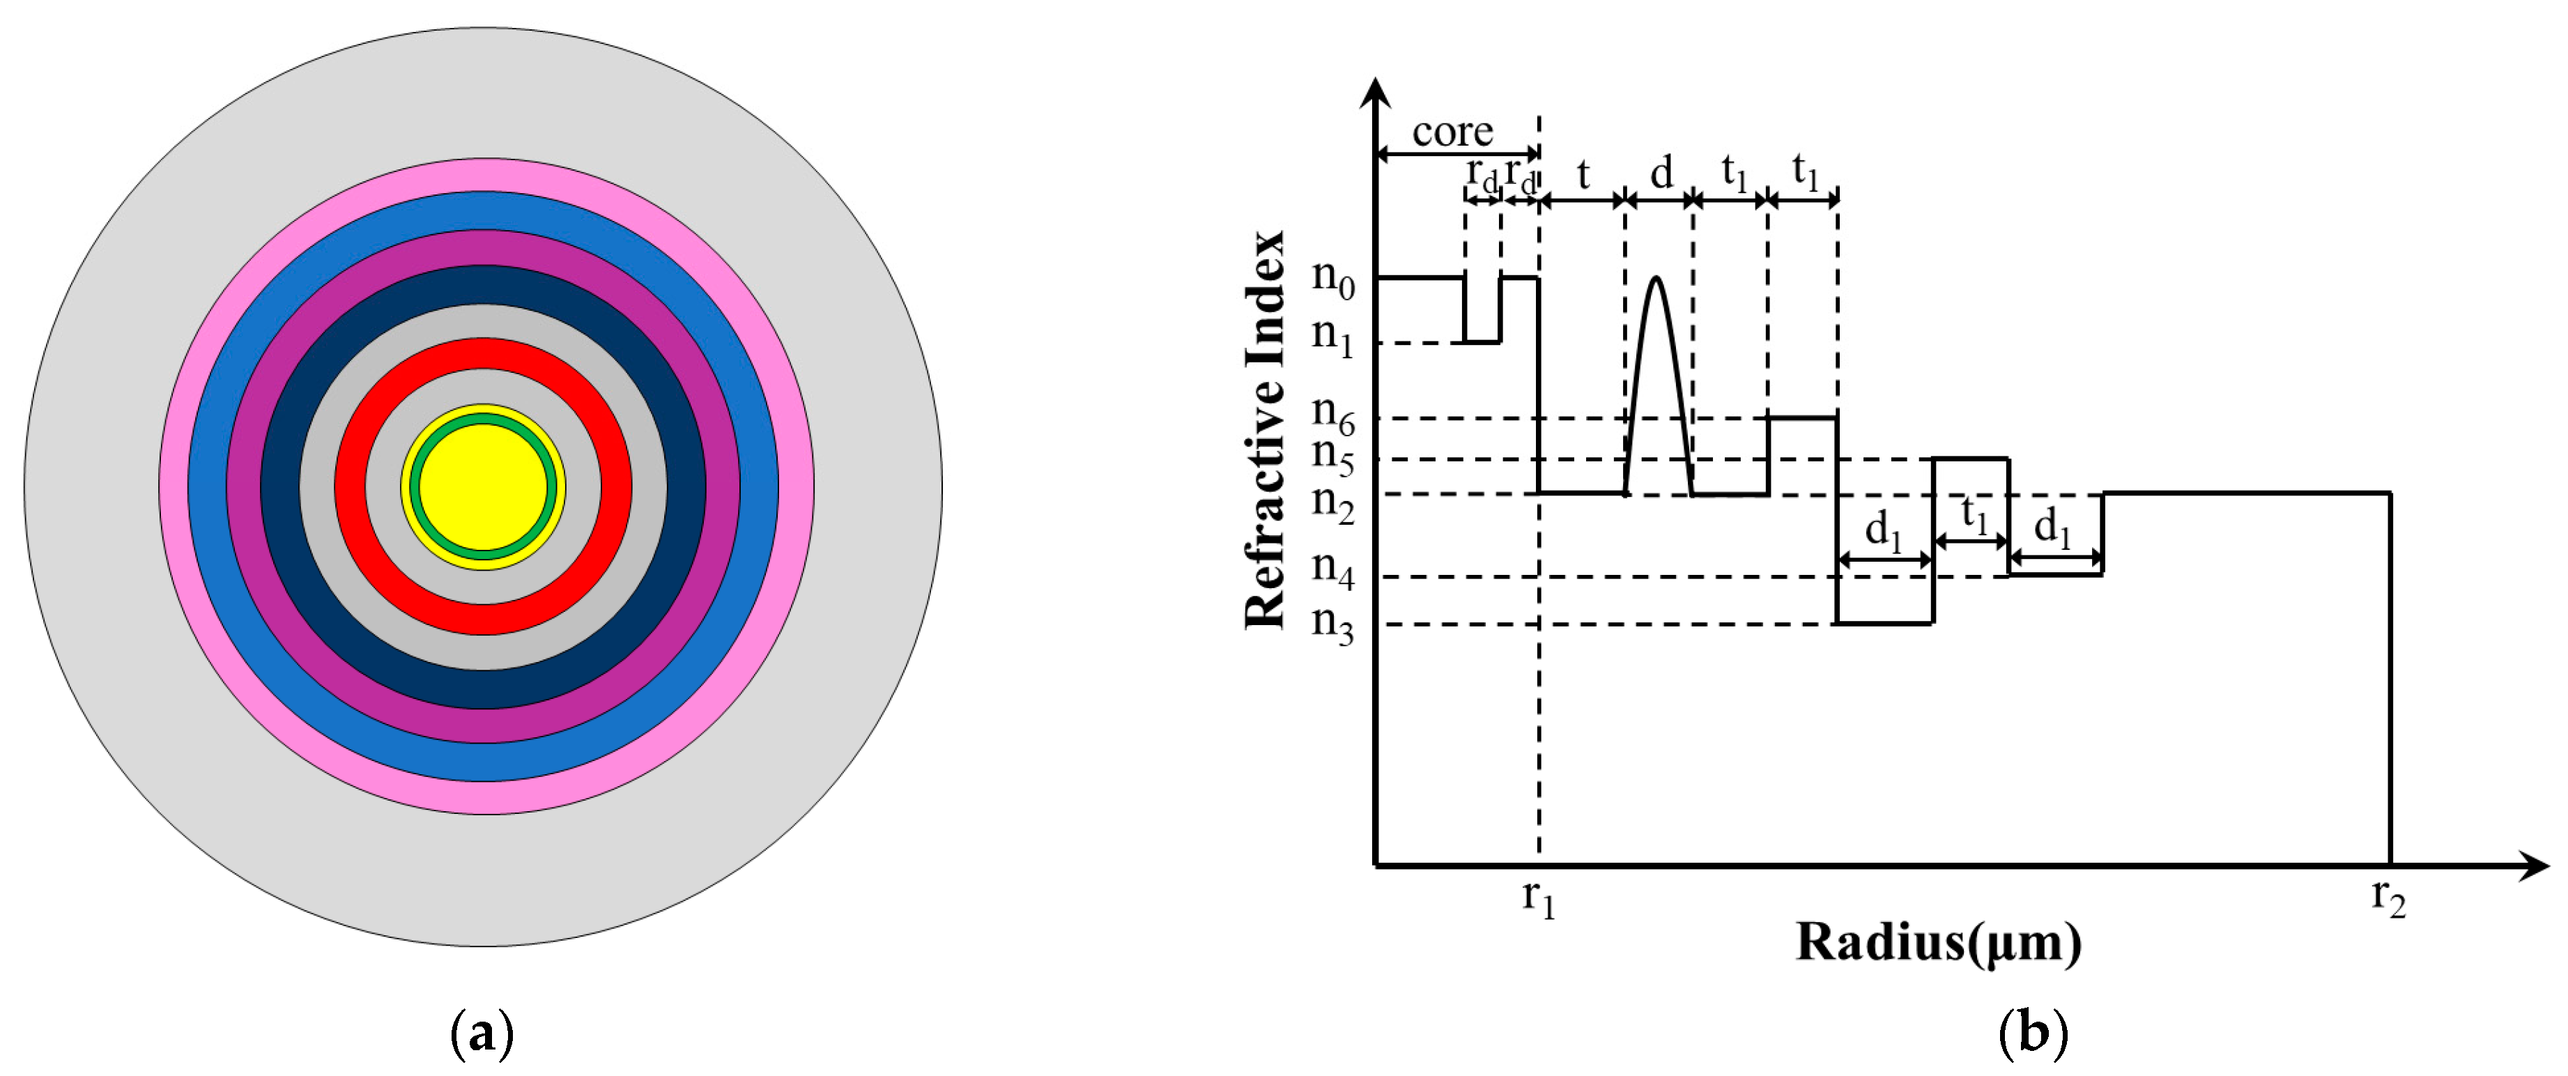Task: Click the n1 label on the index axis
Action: (x=1333, y=336)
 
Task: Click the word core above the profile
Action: (x=1452, y=132)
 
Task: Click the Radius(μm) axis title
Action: (x=1938, y=942)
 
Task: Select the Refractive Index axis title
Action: (x=1266, y=430)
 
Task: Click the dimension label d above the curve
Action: (x=1661, y=174)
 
